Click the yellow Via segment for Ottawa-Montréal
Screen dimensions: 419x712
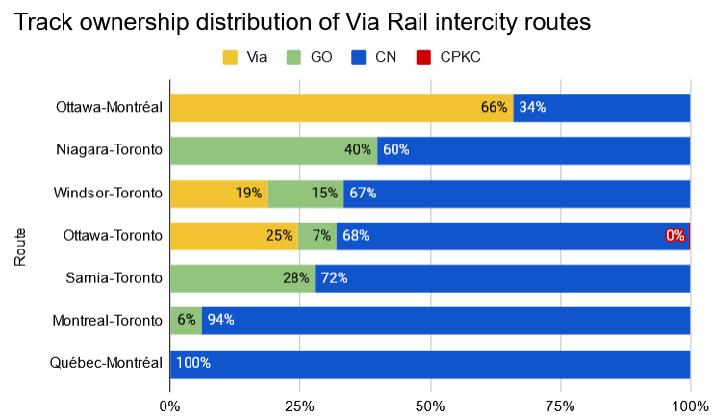click(327, 108)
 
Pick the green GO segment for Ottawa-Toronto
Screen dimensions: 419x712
click(318, 235)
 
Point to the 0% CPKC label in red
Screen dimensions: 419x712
click(675, 235)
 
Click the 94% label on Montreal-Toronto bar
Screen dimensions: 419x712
click(220, 320)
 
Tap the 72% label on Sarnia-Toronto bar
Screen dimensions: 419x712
click(334, 278)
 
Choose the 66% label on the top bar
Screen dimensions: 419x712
click(495, 108)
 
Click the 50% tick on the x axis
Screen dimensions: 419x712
click(430, 406)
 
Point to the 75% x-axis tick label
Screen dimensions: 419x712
click(560, 406)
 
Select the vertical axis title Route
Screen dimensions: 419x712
click(20, 246)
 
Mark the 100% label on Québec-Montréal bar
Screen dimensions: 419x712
click(192, 363)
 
